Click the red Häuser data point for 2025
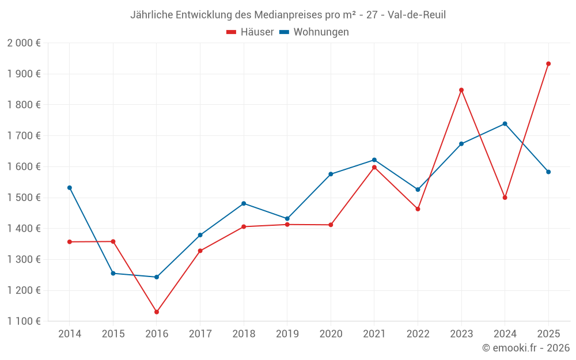pyautogui.click(x=548, y=64)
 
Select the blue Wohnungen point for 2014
pyautogui.click(x=70, y=188)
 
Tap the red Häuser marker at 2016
pyautogui.click(x=157, y=312)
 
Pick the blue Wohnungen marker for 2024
pyautogui.click(x=505, y=124)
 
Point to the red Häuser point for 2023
pyautogui.click(x=461, y=90)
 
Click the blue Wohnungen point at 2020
pyautogui.click(x=331, y=174)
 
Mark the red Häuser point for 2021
pyautogui.click(x=374, y=168)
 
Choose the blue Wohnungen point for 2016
pyautogui.click(x=157, y=277)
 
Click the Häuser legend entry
pyautogui.click(x=250, y=32)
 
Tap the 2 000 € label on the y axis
pyautogui.click(x=24, y=43)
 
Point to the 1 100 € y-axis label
pyautogui.click(x=24, y=321)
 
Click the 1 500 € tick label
pyautogui.click(x=24, y=198)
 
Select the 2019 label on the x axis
pyautogui.click(x=287, y=334)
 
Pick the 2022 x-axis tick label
pyautogui.click(x=418, y=334)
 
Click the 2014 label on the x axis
pyautogui.click(x=70, y=334)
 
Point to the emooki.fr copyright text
pyautogui.click(x=526, y=348)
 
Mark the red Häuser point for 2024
pyautogui.click(x=505, y=198)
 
